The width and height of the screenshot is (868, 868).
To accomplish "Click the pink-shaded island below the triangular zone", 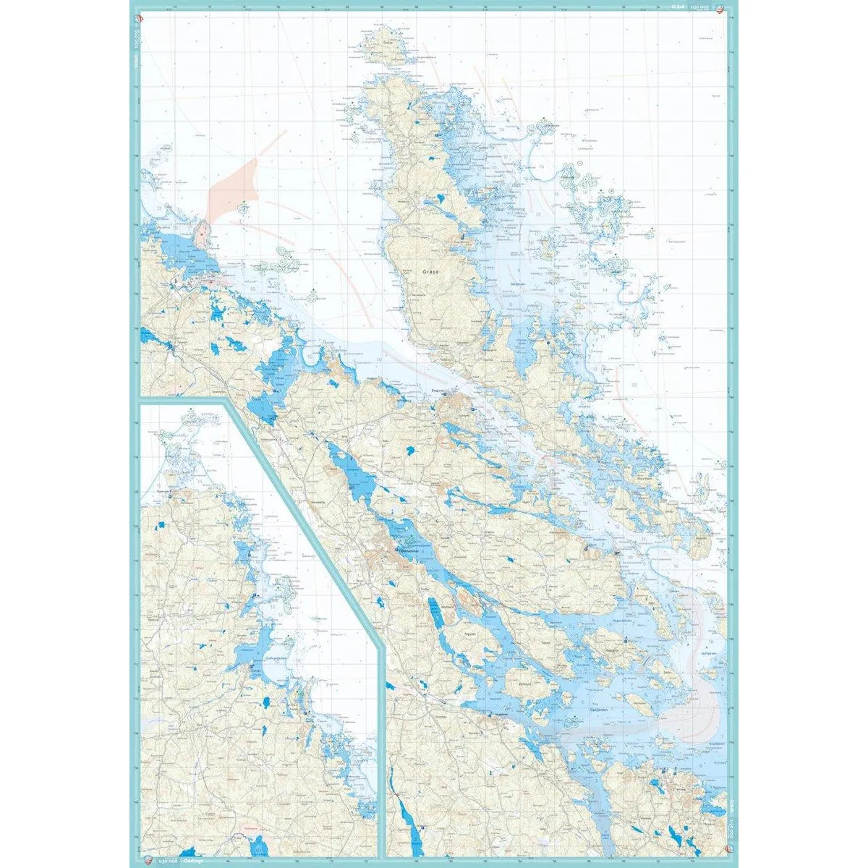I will [205, 236].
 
